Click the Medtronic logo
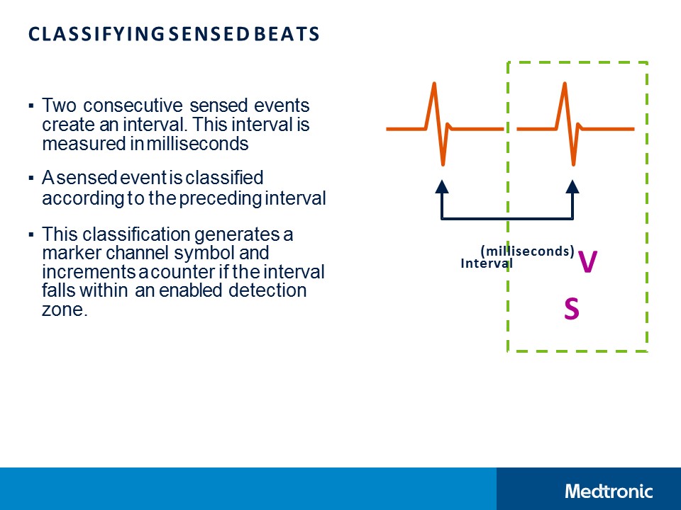[x=609, y=491]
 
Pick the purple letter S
[x=571, y=309]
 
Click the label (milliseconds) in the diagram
[x=527, y=251]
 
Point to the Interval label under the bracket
[x=486, y=263]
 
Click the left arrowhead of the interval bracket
[x=442, y=186]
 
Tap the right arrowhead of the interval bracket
[x=572, y=186]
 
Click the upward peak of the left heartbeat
[x=433, y=86]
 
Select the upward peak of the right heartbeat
[x=565, y=86]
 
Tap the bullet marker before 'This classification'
[x=31, y=234]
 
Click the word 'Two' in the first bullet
[x=55, y=106]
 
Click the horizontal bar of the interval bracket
[x=507, y=218]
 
